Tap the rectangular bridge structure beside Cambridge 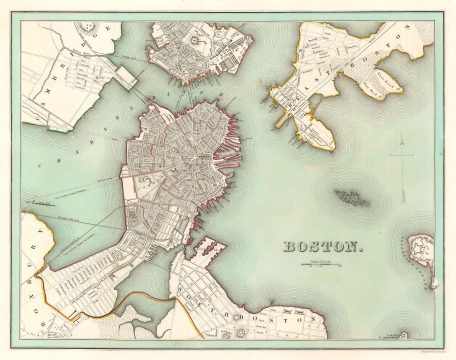coord(123,75)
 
